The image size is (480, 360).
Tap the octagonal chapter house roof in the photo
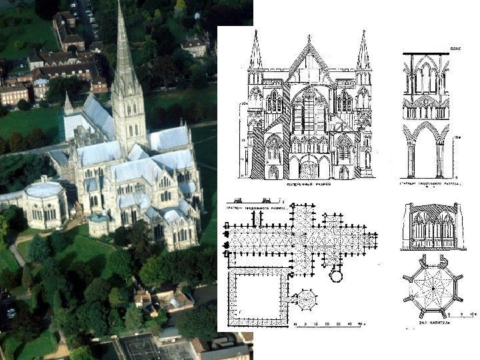44,191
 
